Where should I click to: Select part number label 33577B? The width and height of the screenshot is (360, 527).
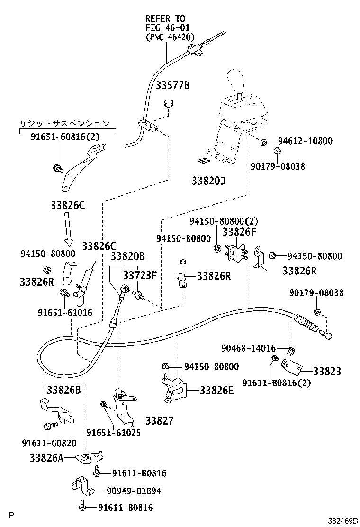coord(172,85)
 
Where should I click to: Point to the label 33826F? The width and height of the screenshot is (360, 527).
coord(239,232)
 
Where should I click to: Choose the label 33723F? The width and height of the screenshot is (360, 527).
coord(140,275)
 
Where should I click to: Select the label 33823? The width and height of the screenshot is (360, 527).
coord(326,371)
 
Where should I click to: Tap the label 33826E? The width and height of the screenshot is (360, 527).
coord(216,390)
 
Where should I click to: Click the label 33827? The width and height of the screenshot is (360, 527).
coord(159,420)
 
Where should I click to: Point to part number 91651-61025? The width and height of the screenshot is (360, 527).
coord(113,432)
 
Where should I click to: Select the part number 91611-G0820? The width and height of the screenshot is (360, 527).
coord(49,443)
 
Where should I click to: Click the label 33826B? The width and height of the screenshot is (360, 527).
coord(63,390)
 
